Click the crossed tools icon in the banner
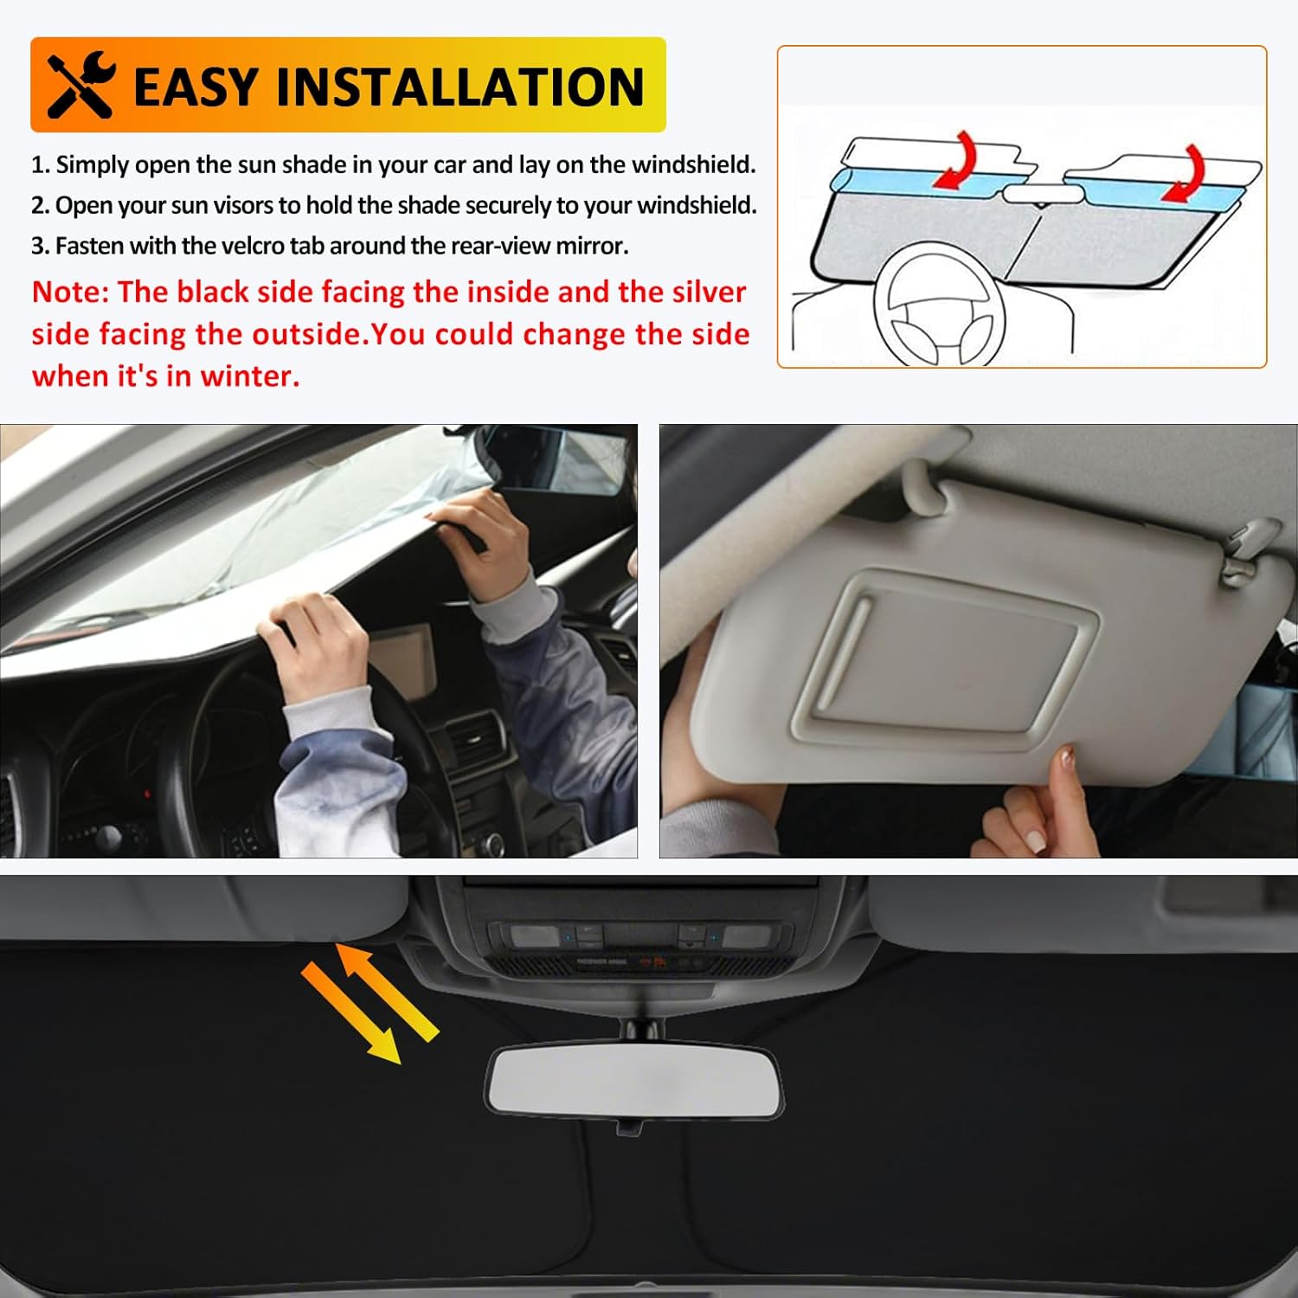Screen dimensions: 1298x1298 point(80,85)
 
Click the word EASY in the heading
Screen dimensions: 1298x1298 point(196,87)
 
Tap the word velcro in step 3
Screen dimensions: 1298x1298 point(253,246)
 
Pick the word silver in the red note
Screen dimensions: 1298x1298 point(707,292)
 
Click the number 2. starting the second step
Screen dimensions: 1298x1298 point(41,206)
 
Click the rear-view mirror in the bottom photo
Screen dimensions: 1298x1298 point(633,1082)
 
